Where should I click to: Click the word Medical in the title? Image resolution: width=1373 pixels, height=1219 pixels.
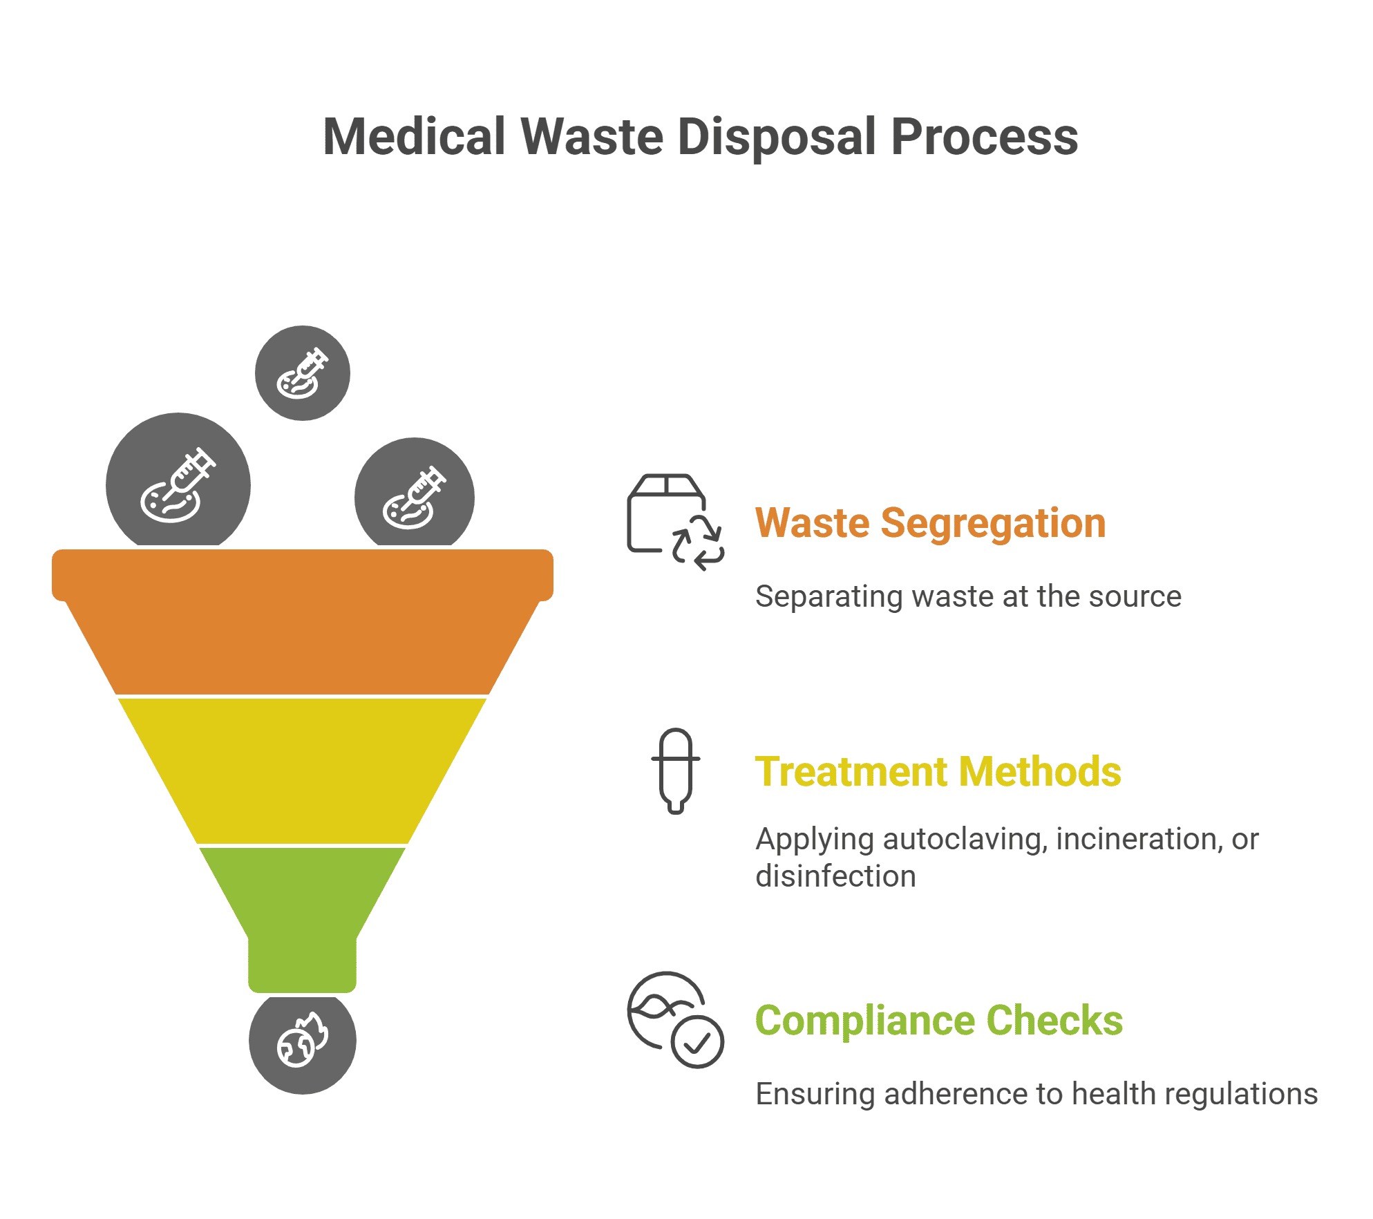tap(414, 137)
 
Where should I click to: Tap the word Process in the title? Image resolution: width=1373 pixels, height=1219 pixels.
tap(984, 137)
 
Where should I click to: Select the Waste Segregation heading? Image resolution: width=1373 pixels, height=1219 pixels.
tap(930, 522)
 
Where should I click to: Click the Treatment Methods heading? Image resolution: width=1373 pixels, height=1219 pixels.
tap(938, 771)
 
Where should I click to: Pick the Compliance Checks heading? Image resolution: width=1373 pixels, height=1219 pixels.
tap(938, 1020)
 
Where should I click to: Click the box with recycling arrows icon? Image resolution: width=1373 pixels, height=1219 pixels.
tap(674, 522)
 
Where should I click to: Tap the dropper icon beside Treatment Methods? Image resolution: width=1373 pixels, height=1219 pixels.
tap(676, 771)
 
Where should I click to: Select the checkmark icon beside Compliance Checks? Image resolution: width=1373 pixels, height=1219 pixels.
tap(698, 1042)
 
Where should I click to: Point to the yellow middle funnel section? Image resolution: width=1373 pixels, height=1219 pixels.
tap(303, 771)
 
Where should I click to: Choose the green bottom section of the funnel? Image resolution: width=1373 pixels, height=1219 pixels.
tap(303, 912)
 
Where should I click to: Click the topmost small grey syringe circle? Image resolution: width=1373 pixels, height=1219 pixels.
tap(303, 373)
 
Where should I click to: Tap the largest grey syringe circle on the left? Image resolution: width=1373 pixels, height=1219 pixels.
tap(178, 484)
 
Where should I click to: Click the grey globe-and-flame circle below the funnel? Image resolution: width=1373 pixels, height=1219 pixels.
tap(303, 1042)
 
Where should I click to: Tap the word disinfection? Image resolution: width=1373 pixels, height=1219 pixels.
tap(835, 876)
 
